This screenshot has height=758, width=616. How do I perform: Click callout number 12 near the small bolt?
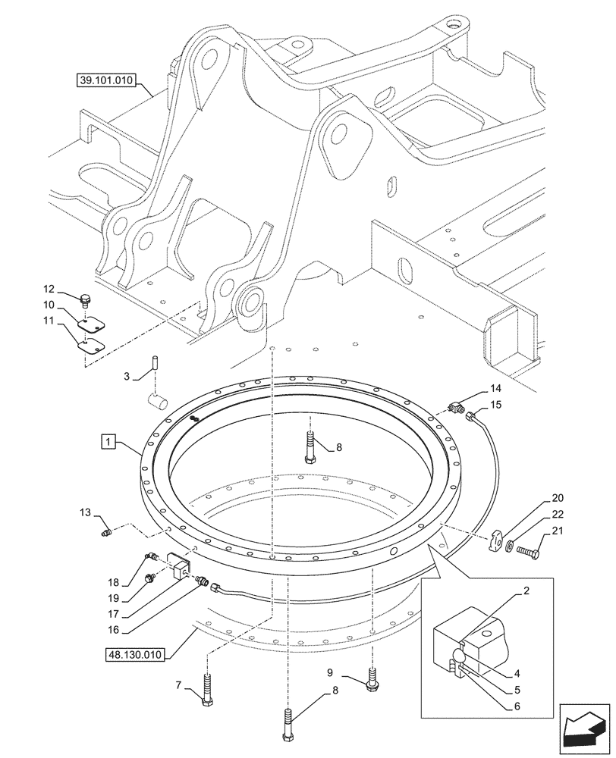[x=49, y=289]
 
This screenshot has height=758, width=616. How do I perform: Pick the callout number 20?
[x=559, y=498]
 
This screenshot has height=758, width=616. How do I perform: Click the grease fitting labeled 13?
[x=106, y=534]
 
